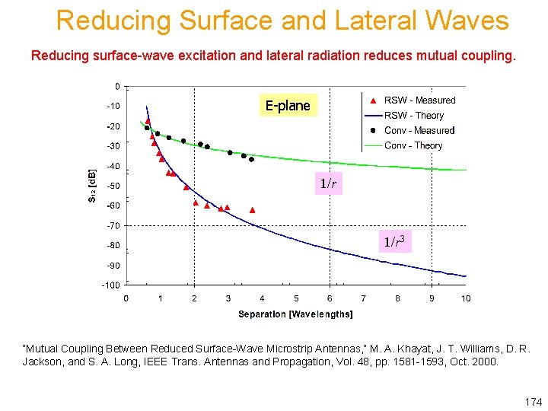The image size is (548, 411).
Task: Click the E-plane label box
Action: click(288, 106)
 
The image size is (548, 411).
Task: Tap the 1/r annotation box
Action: click(328, 183)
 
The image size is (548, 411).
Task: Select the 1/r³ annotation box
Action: click(395, 242)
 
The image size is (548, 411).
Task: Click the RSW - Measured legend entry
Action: click(419, 100)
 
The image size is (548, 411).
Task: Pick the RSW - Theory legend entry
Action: click(414, 116)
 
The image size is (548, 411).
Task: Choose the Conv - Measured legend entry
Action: click(419, 131)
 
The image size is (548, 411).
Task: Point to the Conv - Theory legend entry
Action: click(413, 145)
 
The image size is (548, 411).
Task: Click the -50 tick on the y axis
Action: click(112, 186)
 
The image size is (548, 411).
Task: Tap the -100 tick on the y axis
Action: click(110, 285)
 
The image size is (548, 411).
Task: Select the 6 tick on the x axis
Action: click(330, 298)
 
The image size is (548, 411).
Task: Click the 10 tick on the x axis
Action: click(466, 298)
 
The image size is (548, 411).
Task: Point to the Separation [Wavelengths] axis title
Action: click(295, 314)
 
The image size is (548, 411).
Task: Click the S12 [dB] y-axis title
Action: click(93, 185)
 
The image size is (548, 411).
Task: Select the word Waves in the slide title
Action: click(472, 21)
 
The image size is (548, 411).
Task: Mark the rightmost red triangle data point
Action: click(253, 210)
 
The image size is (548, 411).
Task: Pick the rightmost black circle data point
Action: click(251, 160)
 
